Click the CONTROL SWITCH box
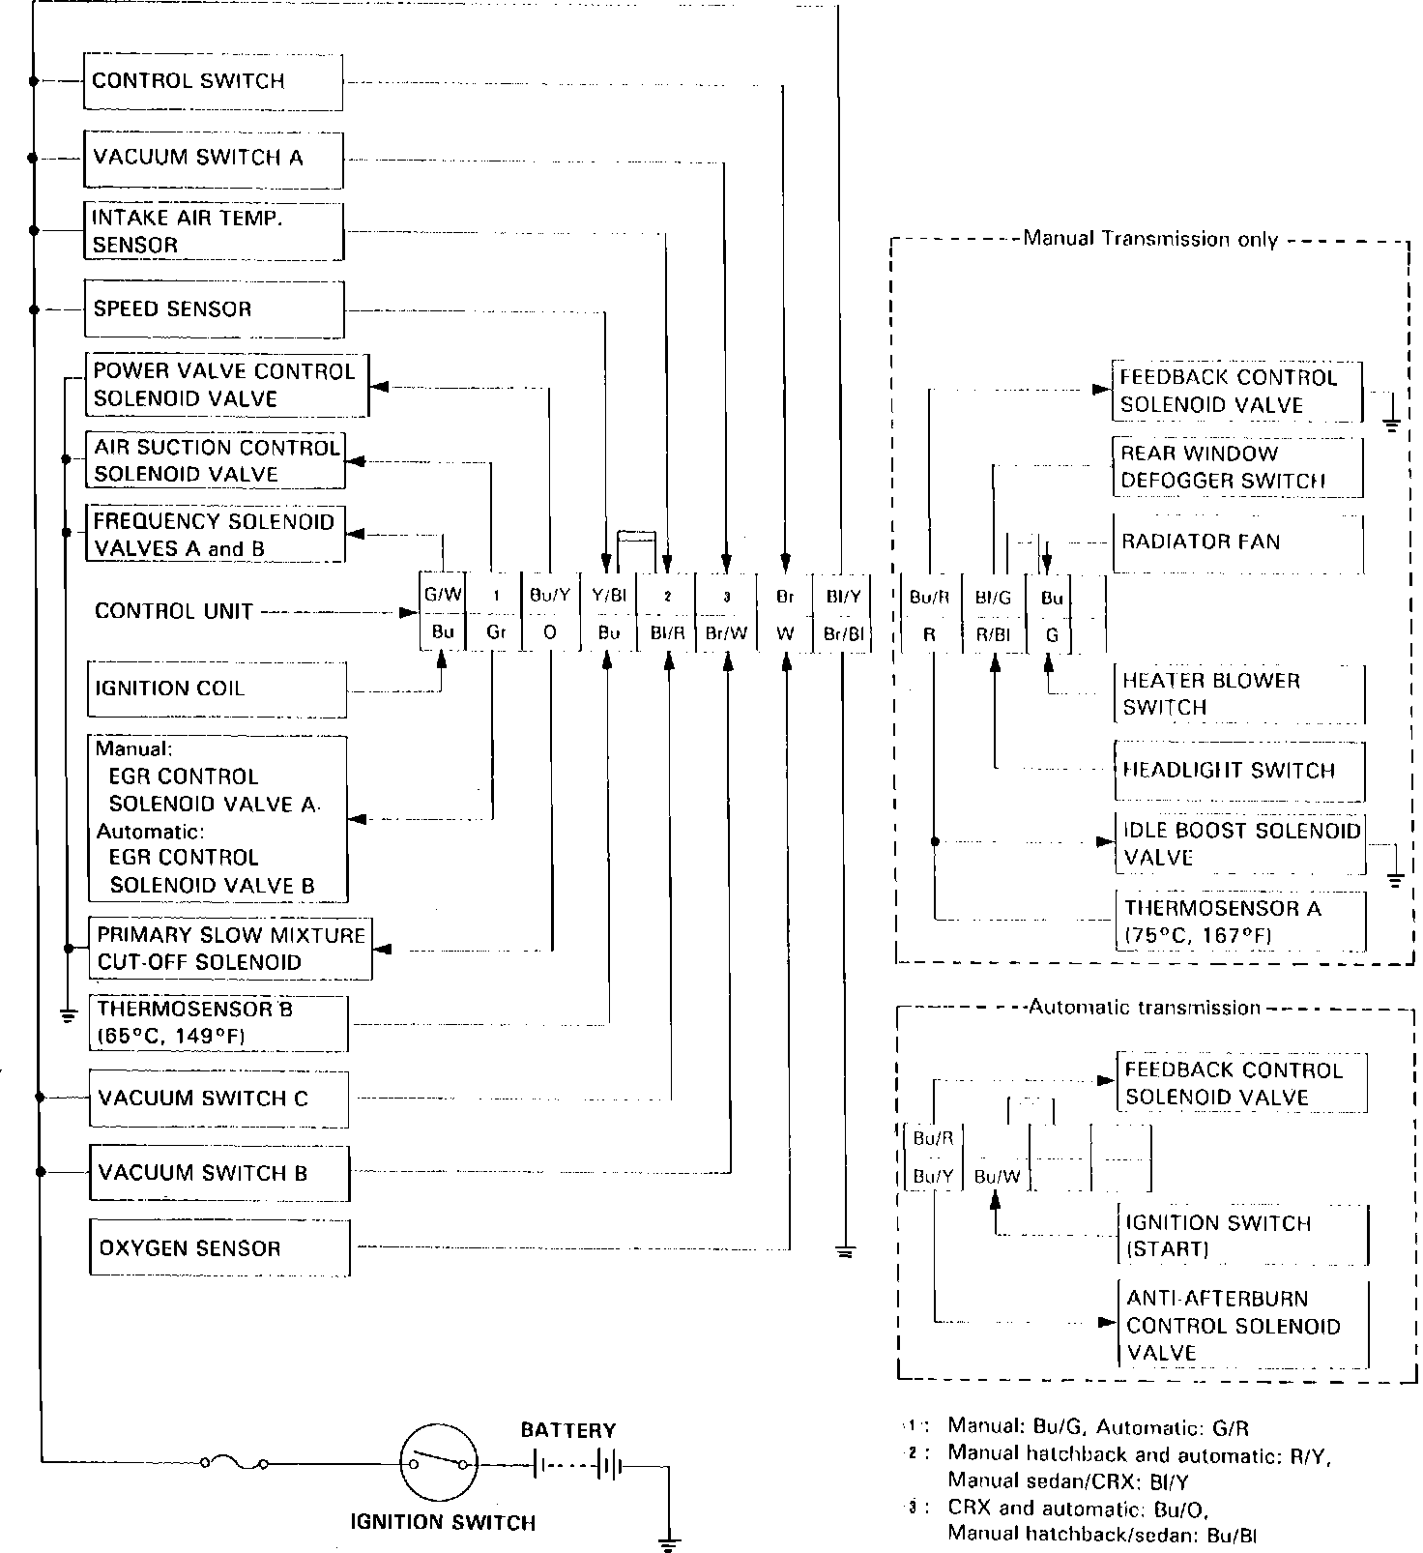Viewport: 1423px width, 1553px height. pyautogui.click(x=213, y=81)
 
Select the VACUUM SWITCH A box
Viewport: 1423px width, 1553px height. pyautogui.click(x=213, y=158)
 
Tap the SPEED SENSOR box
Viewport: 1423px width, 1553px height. pyautogui.click(x=213, y=309)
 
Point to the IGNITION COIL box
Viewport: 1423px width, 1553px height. pyautogui.click(x=216, y=689)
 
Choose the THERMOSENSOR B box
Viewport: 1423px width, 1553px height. pyautogui.click(x=218, y=1023)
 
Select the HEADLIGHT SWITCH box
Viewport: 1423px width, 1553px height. pyautogui.click(x=1240, y=771)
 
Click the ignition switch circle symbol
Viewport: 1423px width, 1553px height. pyautogui.click(x=440, y=1463)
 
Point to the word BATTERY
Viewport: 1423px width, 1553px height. pyautogui.click(x=567, y=1430)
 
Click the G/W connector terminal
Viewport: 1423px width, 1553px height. pyautogui.click(x=443, y=596)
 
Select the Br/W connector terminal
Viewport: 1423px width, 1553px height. pyautogui.click(x=725, y=633)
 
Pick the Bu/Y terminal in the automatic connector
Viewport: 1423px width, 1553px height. pyautogui.click(x=933, y=1176)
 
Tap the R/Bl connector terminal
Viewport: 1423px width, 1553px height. pyautogui.click(x=993, y=634)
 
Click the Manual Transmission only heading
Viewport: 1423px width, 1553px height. pyautogui.click(x=1150, y=239)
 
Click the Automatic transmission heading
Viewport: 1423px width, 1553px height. pyautogui.click(x=1145, y=1008)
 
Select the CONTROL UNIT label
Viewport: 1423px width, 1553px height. pyautogui.click(x=174, y=611)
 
